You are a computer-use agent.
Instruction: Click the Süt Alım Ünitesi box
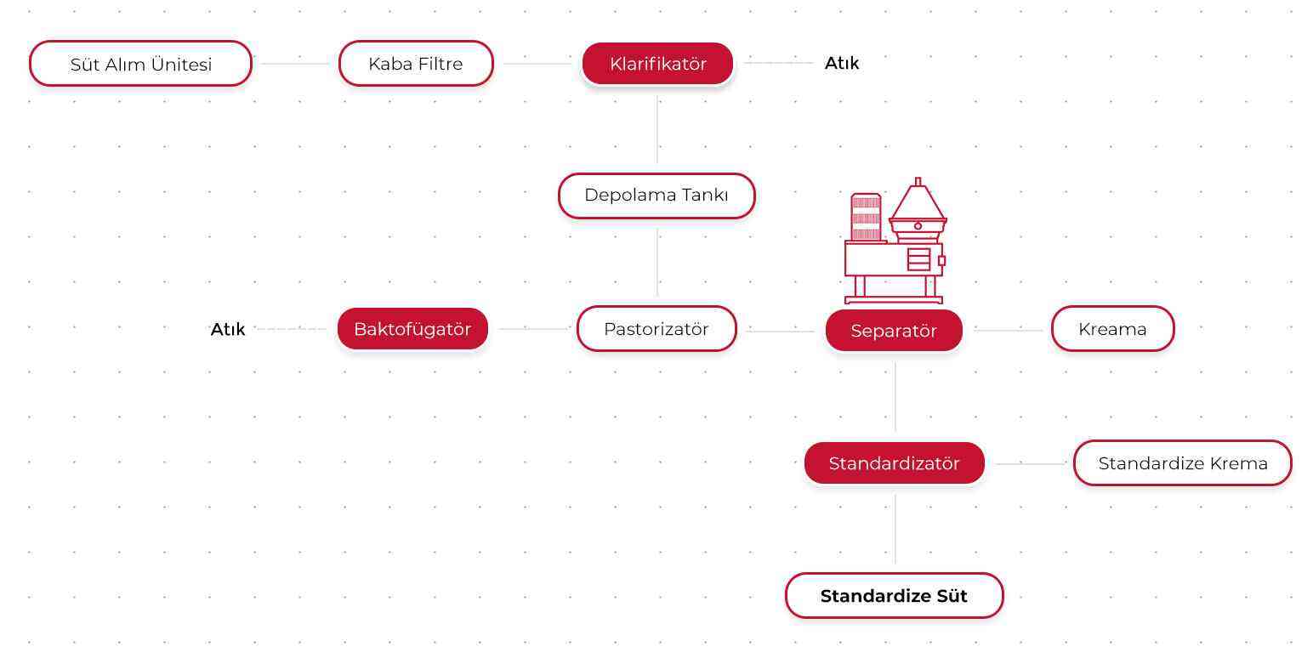point(140,63)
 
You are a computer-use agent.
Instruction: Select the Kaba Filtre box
point(416,63)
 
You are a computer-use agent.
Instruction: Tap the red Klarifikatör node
point(657,63)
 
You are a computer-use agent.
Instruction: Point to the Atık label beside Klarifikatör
point(842,63)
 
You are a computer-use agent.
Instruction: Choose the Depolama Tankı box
point(656,196)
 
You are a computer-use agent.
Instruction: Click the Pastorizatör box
point(656,329)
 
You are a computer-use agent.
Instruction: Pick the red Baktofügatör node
point(412,329)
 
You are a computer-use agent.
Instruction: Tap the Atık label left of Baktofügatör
point(227,329)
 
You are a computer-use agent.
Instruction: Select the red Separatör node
point(894,331)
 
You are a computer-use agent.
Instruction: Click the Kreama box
point(1112,329)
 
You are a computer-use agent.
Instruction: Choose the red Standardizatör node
point(895,462)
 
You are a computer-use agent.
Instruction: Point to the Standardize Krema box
point(1182,462)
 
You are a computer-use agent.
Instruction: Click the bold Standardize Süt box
point(895,595)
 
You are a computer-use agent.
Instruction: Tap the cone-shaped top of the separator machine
point(918,202)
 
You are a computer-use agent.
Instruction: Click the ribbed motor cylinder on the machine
point(866,217)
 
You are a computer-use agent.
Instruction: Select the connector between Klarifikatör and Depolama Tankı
point(657,129)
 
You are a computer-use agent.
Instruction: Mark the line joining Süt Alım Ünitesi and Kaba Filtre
point(295,63)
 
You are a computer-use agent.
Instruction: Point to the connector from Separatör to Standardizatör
point(895,397)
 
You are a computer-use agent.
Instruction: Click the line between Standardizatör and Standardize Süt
point(895,529)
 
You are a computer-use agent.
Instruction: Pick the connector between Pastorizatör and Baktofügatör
point(533,329)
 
